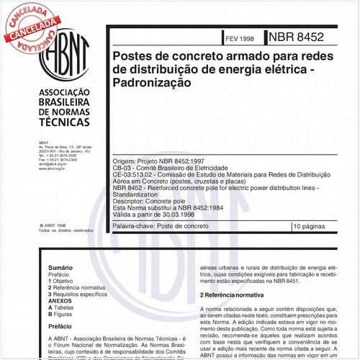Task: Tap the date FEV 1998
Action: (240, 37)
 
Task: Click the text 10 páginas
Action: (310, 225)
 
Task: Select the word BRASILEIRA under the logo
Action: (63, 102)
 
